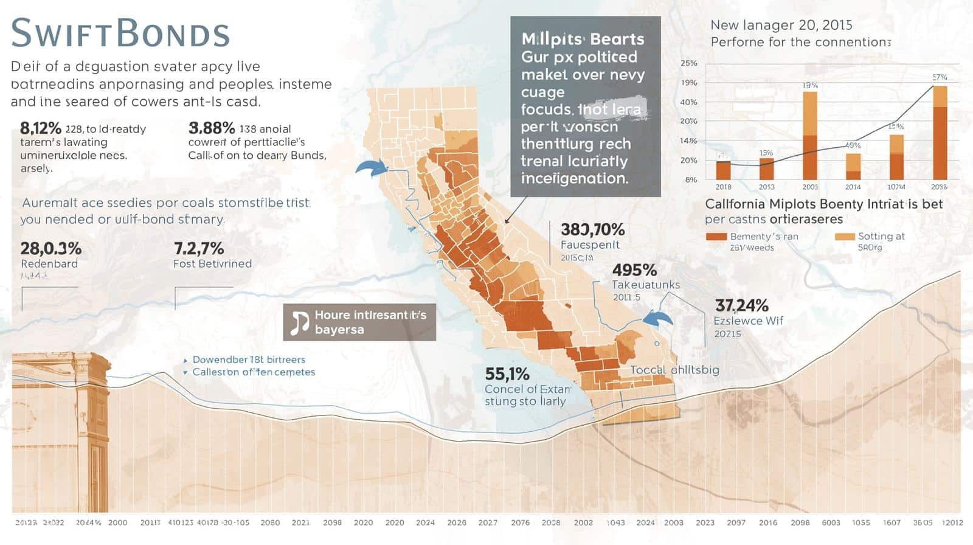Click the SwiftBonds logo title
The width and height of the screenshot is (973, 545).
pos(120,33)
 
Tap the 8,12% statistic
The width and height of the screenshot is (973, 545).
pos(41,128)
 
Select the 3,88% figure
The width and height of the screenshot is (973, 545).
pos(212,128)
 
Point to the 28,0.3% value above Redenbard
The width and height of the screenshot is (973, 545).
pos(51,248)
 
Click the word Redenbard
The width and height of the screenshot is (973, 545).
pos(49,264)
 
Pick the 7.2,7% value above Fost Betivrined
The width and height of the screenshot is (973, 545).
pos(199,248)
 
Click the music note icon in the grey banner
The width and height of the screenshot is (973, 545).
pos(299,322)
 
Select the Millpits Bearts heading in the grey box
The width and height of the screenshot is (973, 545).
pos(583,39)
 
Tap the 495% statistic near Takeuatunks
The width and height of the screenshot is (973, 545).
pos(634,270)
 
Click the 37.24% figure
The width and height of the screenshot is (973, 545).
pos(741,305)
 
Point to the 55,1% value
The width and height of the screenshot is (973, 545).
pos(507,373)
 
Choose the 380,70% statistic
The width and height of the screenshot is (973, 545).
pos(592,229)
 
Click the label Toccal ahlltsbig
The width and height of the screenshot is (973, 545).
pos(674,370)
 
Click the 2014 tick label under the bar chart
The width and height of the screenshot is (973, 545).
pos(853,187)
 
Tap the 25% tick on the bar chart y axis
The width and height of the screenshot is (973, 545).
pos(689,63)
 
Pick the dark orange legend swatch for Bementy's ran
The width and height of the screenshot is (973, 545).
pos(716,237)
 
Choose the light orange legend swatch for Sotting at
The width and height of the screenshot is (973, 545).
pos(844,237)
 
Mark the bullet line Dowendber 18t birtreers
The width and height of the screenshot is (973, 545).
pos(249,359)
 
